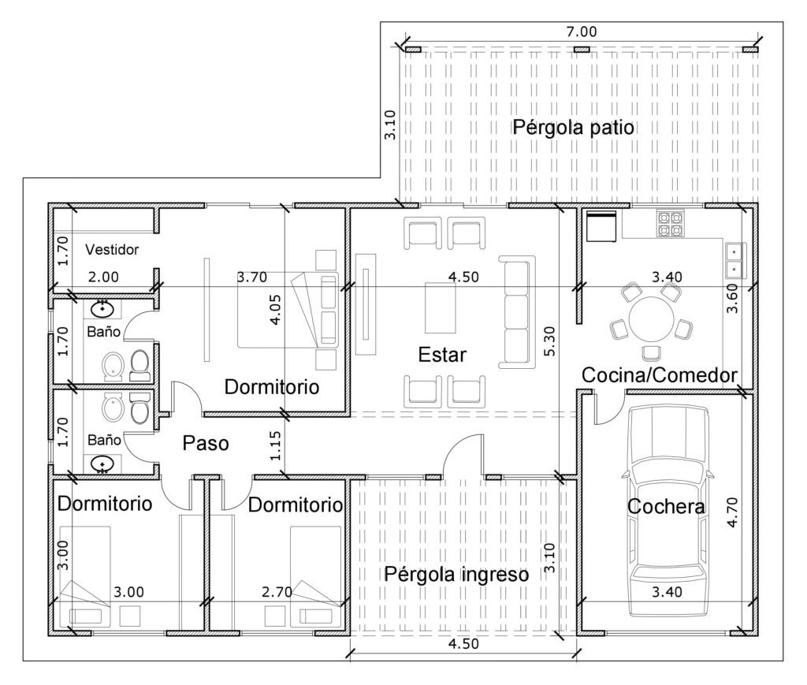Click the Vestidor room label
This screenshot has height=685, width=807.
112,250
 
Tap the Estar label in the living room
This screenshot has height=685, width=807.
442,355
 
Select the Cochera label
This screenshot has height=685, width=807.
666,506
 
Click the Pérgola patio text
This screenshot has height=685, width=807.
573,127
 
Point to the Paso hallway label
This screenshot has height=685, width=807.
206,443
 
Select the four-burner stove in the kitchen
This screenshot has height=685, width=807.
671,223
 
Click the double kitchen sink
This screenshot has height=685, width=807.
733,260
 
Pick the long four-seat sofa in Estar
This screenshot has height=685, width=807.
516,312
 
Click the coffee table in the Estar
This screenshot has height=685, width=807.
440,307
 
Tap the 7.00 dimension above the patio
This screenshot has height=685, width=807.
581,32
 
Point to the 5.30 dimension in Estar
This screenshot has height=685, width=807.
549,341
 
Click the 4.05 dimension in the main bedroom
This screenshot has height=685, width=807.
275,309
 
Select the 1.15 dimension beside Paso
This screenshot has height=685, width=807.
275,445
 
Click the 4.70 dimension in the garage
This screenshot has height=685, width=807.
732,512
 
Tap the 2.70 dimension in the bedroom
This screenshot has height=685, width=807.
277,592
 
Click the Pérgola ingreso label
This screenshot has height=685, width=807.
456,575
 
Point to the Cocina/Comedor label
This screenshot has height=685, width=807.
660,375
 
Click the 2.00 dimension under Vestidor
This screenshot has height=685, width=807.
103,277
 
